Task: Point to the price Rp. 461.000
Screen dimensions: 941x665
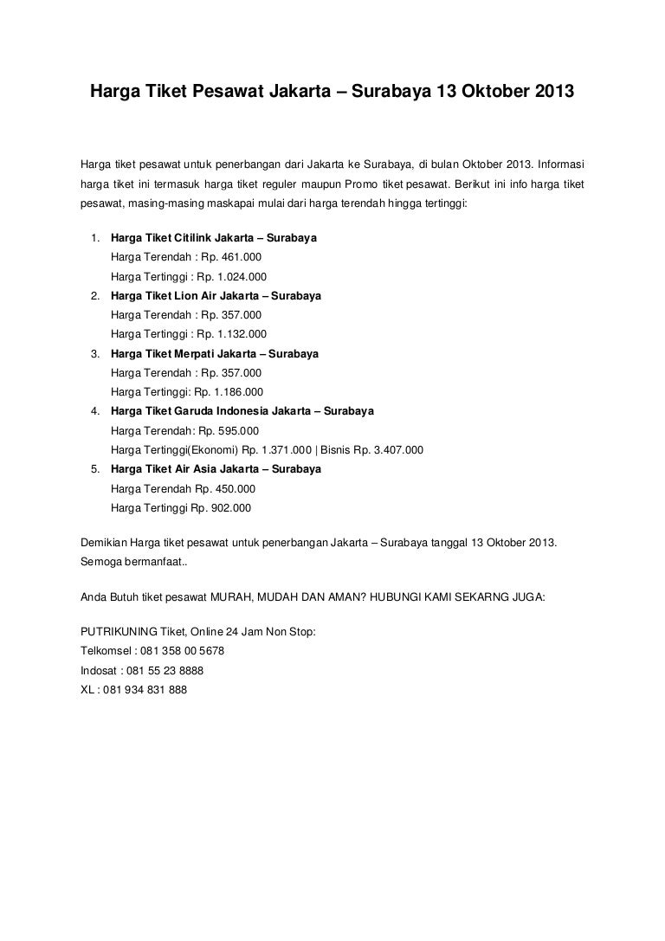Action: click(231, 257)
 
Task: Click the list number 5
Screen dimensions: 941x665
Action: click(93, 469)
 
